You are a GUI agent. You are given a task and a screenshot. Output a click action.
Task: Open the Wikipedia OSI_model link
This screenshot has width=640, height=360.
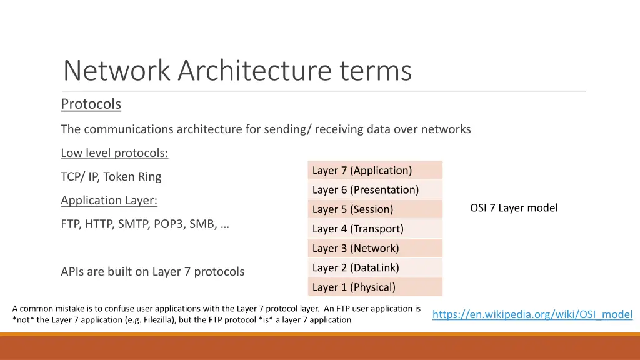532,314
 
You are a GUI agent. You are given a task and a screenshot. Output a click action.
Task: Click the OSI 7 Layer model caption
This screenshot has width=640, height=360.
514,208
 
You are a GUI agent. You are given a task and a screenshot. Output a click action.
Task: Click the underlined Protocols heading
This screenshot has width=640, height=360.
91,104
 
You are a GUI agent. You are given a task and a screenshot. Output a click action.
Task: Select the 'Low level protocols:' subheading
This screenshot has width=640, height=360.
114,153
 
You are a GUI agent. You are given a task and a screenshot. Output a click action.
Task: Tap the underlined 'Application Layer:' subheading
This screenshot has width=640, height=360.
109,201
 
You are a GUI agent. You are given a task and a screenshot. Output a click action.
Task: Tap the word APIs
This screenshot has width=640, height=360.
72,272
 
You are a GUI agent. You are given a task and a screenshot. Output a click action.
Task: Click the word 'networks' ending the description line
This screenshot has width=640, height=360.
446,129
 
